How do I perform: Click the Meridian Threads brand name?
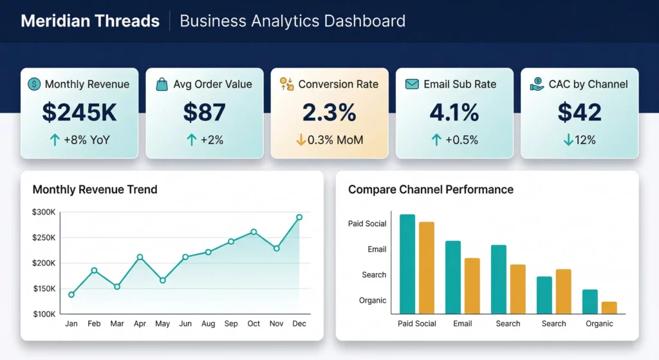90,21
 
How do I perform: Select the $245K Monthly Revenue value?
79,112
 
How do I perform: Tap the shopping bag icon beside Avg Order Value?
162,84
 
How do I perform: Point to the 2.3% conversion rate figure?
329,112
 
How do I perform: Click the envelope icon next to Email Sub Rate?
412,84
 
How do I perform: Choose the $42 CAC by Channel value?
579,112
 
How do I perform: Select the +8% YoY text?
87,140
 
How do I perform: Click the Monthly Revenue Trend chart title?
95,189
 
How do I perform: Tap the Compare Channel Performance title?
431,189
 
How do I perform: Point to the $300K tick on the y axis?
44,212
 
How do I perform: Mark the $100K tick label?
44,314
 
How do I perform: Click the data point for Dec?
299,218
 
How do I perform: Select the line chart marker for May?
162,280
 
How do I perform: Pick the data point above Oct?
254,232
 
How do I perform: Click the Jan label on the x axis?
71,324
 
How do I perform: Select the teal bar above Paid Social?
407,263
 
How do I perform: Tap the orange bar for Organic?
609,307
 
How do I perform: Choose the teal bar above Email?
453,277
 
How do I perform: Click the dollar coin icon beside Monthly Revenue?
34,84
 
